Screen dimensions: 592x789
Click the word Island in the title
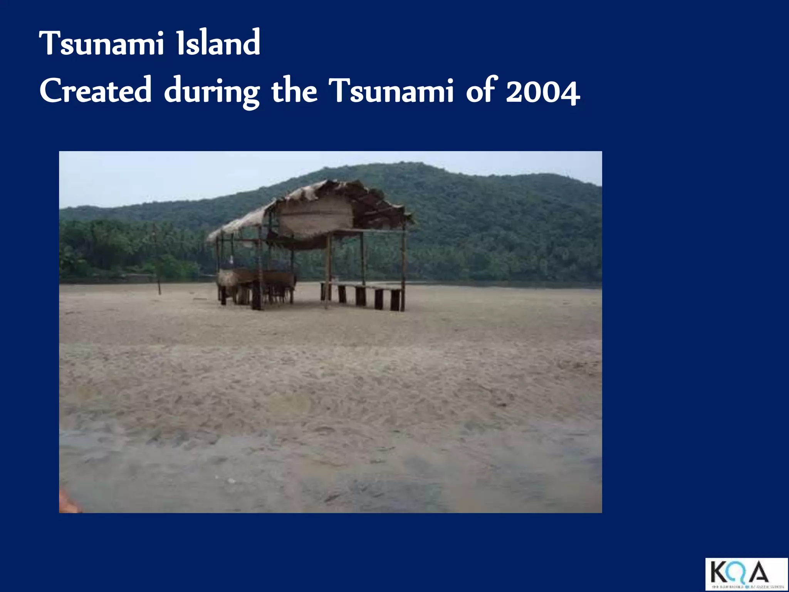point(218,43)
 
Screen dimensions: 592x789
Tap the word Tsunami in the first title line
point(102,43)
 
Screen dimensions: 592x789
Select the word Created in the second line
point(96,91)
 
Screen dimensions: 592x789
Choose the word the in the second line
point(294,91)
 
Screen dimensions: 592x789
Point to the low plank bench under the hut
point(362,286)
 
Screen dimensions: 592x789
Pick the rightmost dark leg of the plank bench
point(395,300)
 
